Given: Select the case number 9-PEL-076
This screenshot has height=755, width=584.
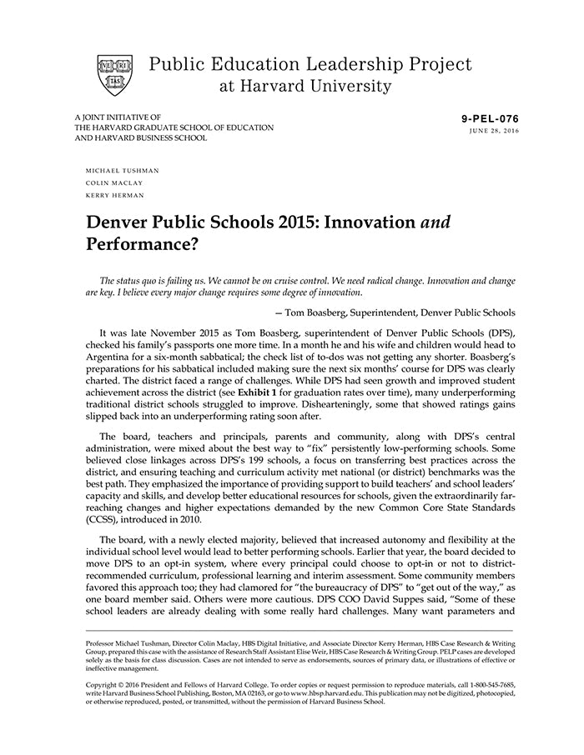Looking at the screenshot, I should click(490, 119).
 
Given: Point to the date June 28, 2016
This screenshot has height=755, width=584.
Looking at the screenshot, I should click(494, 132).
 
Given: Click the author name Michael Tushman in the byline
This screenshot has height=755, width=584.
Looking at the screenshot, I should click(122, 171).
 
